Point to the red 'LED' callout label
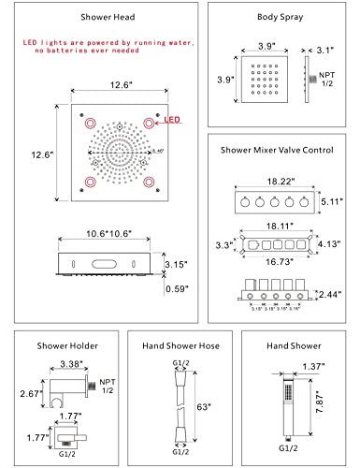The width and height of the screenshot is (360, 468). [x=173, y=121]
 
